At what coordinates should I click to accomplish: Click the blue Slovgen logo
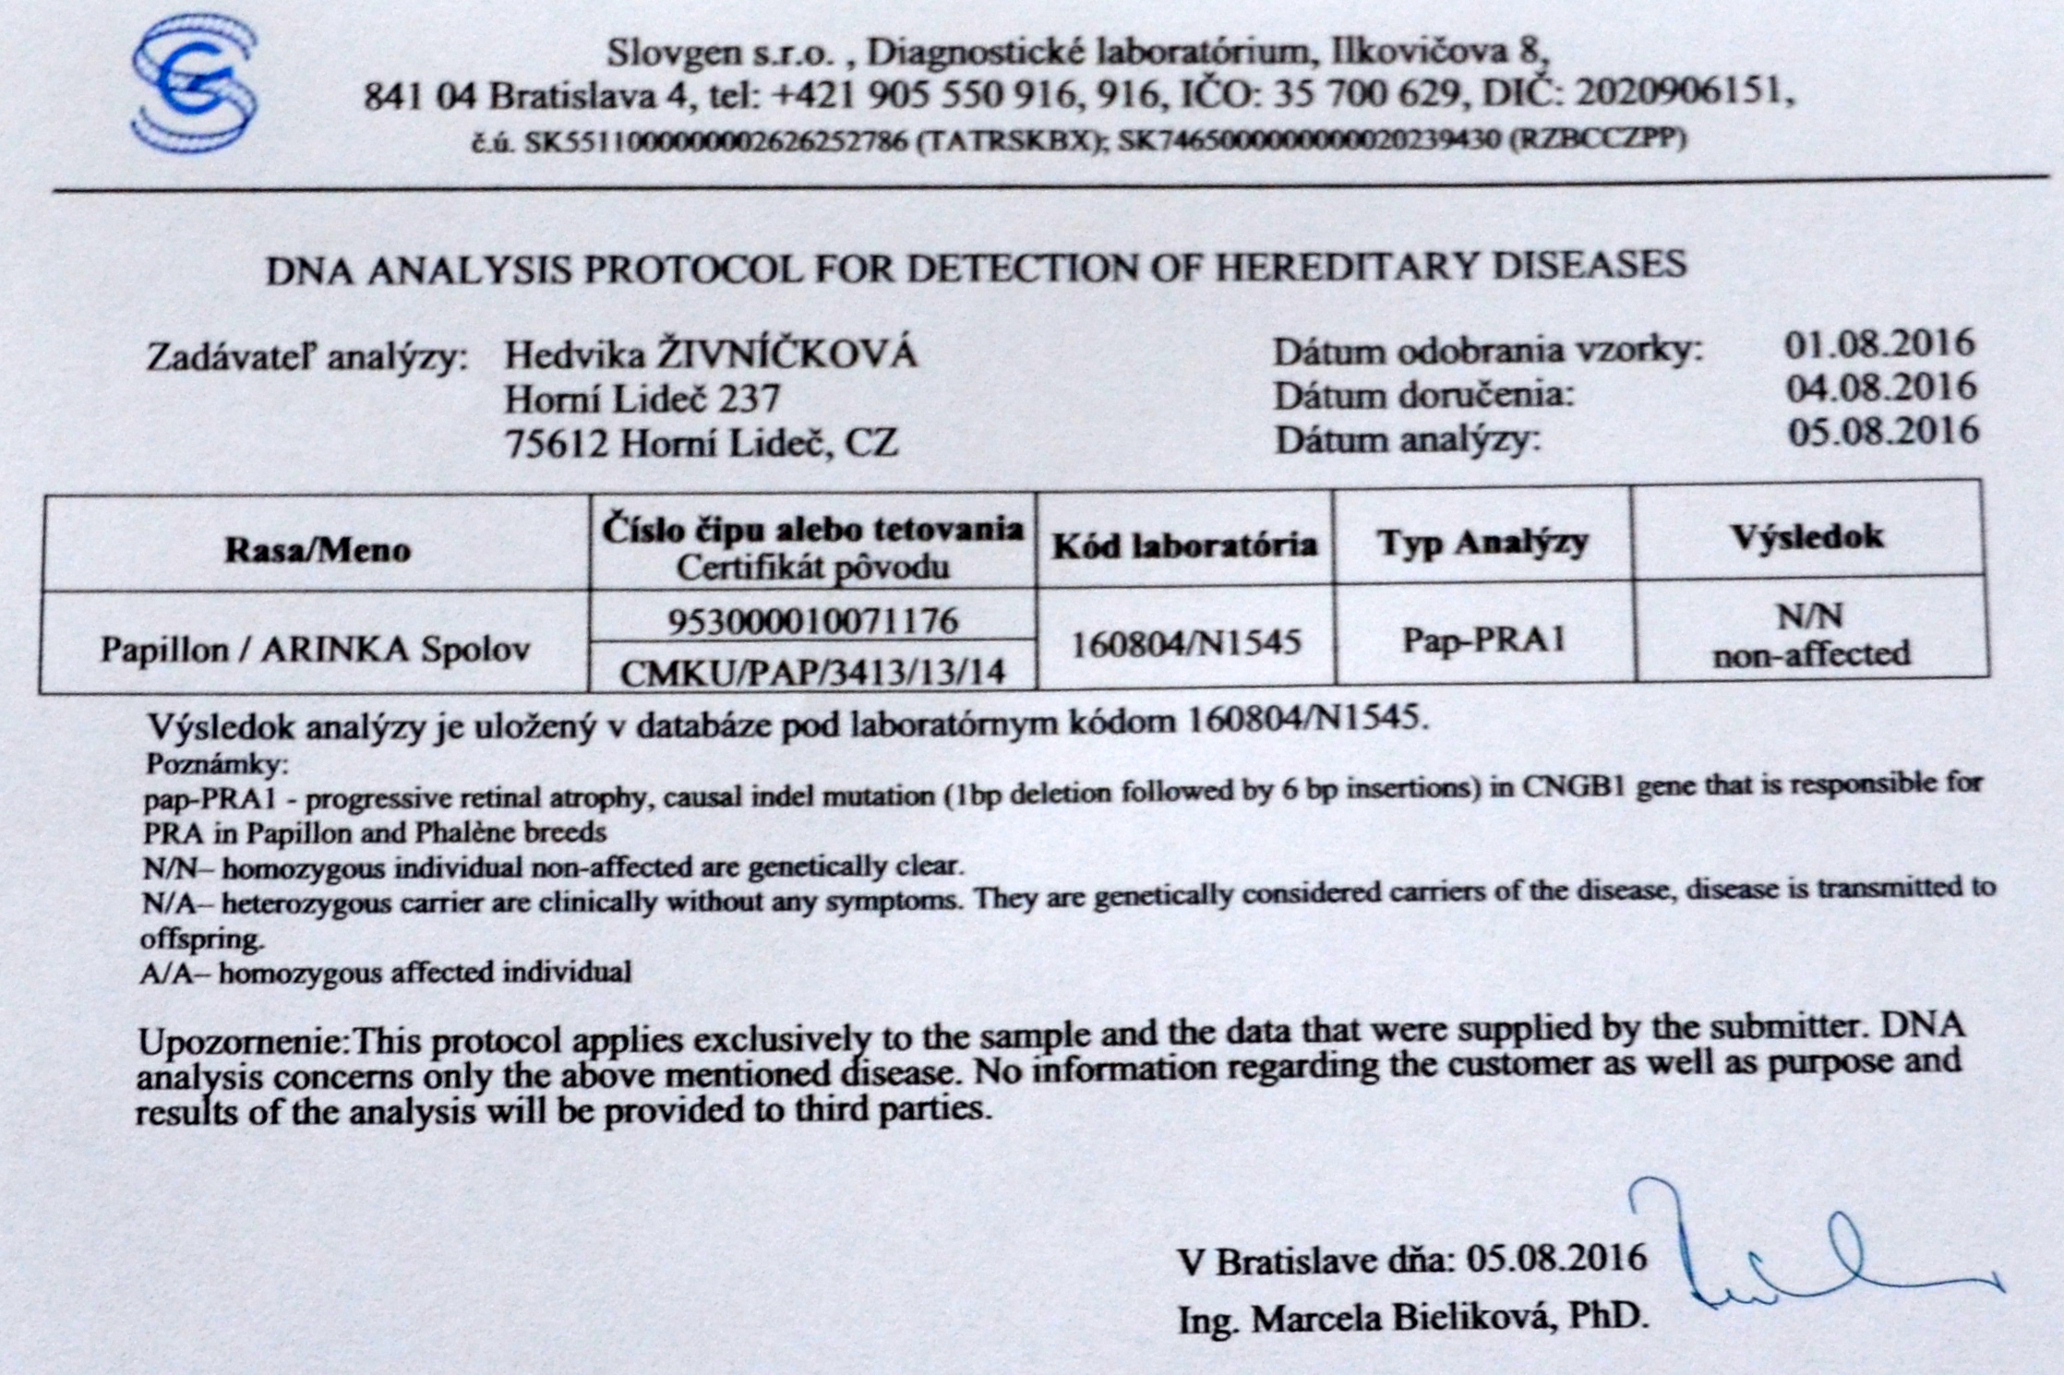pyautogui.click(x=195, y=89)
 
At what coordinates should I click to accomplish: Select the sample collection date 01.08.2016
pyautogui.click(x=1879, y=345)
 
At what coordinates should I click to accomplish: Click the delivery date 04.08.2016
pyautogui.click(x=1881, y=389)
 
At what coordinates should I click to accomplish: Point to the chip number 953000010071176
pyautogui.click(x=813, y=621)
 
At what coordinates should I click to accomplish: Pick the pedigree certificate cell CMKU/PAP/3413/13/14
pyautogui.click(x=813, y=672)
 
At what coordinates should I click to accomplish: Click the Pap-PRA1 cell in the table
pyautogui.click(x=1483, y=640)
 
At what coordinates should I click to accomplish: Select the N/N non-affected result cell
pyautogui.click(x=1811, y=635)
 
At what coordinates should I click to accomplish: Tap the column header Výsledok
pyautogui.click(x=1807, y=537)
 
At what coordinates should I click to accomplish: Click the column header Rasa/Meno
pyautogui.click(x=317, y=550)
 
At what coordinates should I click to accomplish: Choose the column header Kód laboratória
pyautogui.click(x=1185, y=545)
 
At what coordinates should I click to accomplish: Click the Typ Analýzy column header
pyautogui.click(x=1482, y=542)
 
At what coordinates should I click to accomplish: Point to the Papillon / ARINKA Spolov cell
pyautogui.click(x=316, y=650)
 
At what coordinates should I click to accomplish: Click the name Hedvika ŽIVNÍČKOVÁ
pyautogui.click(x=711, y=354)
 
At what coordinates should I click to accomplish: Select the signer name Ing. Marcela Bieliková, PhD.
pyautogui.click(x=1413, y=1318)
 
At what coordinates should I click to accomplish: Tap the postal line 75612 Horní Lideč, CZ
pyautogui.click(x=702, y=444)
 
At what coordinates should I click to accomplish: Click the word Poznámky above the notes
pyautogui.click(x=218, y=765)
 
